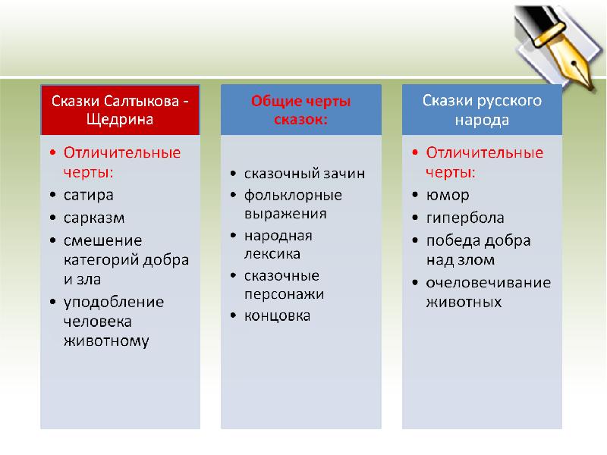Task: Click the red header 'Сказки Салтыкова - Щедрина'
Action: (x=120, y=110)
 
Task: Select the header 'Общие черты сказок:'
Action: (x=301, y=110)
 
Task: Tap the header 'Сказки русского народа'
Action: (x=482, y=110)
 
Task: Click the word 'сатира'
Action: (x=88, y=195)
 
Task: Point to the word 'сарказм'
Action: (x=93, y=218)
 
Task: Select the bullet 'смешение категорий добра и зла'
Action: (x=125, y=259)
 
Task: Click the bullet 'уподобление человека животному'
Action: (x=114, y=321)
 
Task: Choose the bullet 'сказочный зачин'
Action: (x=303, y=174)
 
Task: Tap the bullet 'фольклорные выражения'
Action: (x=292, y=204)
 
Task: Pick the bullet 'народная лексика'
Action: (x=278, y=244)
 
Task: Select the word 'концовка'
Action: (x=277, y=315)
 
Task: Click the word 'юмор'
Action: (x=447, y=195)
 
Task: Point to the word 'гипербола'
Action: (x=464, y=218)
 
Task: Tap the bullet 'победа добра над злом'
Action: (x=478, y=250)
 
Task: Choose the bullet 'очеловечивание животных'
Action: (x=487, y=292)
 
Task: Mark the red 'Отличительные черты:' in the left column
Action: (x=121, y=162)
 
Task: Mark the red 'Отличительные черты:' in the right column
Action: (x=484, y=162)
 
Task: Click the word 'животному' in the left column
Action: (x=105, y=340)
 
